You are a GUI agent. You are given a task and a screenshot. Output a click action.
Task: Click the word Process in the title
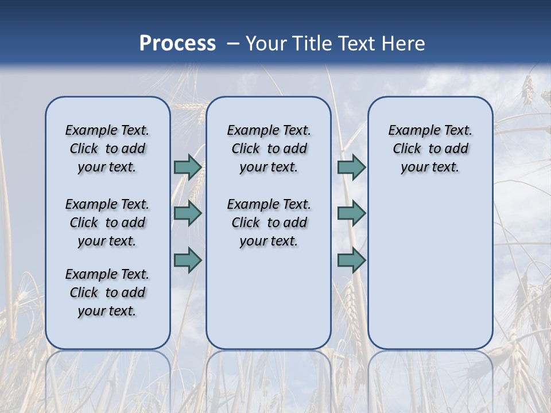tap(177, 44)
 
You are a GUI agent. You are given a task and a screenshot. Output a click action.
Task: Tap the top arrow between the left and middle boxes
tap(188, 167)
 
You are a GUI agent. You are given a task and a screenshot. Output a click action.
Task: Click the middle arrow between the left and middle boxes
tap(188, 213)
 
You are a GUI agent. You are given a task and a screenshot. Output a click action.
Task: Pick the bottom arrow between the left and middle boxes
tap(188, 260)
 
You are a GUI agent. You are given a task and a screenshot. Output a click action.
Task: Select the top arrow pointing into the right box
tap(351, 167)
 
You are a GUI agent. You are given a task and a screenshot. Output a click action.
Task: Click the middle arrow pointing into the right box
tap(351, 213)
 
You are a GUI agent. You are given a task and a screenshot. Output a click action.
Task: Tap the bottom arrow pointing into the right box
tap(351, 260)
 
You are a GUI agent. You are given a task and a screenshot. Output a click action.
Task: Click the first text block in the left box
tap(107, 149)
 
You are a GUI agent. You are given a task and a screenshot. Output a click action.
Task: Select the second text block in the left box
tap(107, 223)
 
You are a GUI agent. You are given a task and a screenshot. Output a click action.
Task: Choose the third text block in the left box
tap(107, 293)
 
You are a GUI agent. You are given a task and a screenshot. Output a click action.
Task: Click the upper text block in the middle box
tap(269, 149)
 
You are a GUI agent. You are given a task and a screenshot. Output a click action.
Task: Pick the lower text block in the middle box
tap(269, 223)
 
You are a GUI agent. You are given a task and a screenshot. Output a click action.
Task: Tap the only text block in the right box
tap(430, 149)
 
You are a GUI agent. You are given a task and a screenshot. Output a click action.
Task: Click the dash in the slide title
tap(233, 44)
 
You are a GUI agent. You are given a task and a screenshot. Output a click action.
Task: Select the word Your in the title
tap(266, 44)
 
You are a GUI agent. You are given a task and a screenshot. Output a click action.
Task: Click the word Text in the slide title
tap(357, 44)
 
